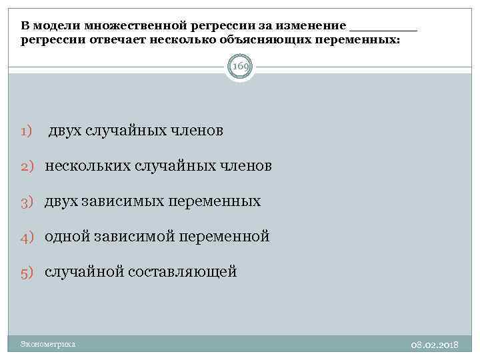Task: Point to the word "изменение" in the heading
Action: (x=310, y=26)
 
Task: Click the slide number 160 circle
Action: (x=240, y=67)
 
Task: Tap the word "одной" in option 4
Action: (x=68, y=235)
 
